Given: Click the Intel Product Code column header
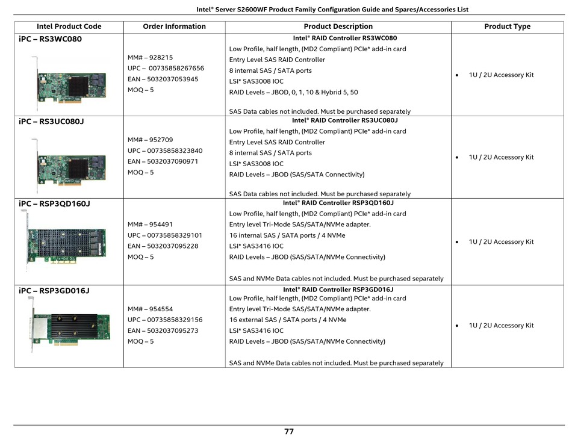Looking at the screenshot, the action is [x=69, y=26].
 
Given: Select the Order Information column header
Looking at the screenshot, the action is [x=175, y=26].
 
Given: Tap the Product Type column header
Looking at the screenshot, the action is [x=508, y=26].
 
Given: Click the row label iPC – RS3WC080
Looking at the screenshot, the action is [x=51, y=39].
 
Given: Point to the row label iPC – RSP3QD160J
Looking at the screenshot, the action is [x=54, y=204].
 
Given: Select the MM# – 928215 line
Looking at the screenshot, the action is [x=151, y=58].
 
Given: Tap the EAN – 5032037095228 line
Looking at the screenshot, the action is [x=163, y=246].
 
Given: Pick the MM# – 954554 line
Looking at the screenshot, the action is [x=151, y=309].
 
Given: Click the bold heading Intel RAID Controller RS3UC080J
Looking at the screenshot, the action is [x=345, y=120].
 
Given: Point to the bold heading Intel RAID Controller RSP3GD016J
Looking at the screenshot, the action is [x=338, y=290].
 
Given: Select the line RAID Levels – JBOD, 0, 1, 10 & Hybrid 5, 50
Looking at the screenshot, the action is [x=294, y=92].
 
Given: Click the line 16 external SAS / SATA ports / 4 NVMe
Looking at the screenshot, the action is [x=288, y=320].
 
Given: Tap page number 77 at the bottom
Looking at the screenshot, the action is [x=289, y=432].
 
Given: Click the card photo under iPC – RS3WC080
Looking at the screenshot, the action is [x=70, y=84].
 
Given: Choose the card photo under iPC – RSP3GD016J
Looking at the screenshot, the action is [x=70, y=324].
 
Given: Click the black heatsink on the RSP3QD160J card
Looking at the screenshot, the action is [x=62, y=243].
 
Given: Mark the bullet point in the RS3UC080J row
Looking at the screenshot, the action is [x=457, y=158].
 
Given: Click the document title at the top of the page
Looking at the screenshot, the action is [x=332, y=10].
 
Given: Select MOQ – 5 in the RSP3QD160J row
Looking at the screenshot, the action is [x=141, y=257].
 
